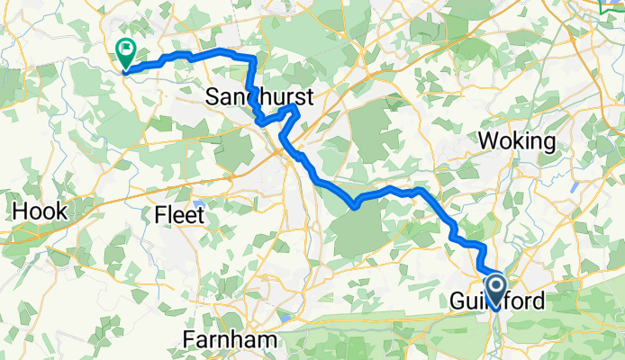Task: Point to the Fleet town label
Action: pyautogui.click(x=180, y=216)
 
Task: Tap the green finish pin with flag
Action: pyautogui.click(x=125, y=52)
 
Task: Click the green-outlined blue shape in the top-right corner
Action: pyautogui.click(x=612, y=5)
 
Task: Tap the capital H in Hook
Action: pyautogui.click(x=19, y=212)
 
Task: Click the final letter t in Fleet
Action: pyautogui.click(x=201, y=216)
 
